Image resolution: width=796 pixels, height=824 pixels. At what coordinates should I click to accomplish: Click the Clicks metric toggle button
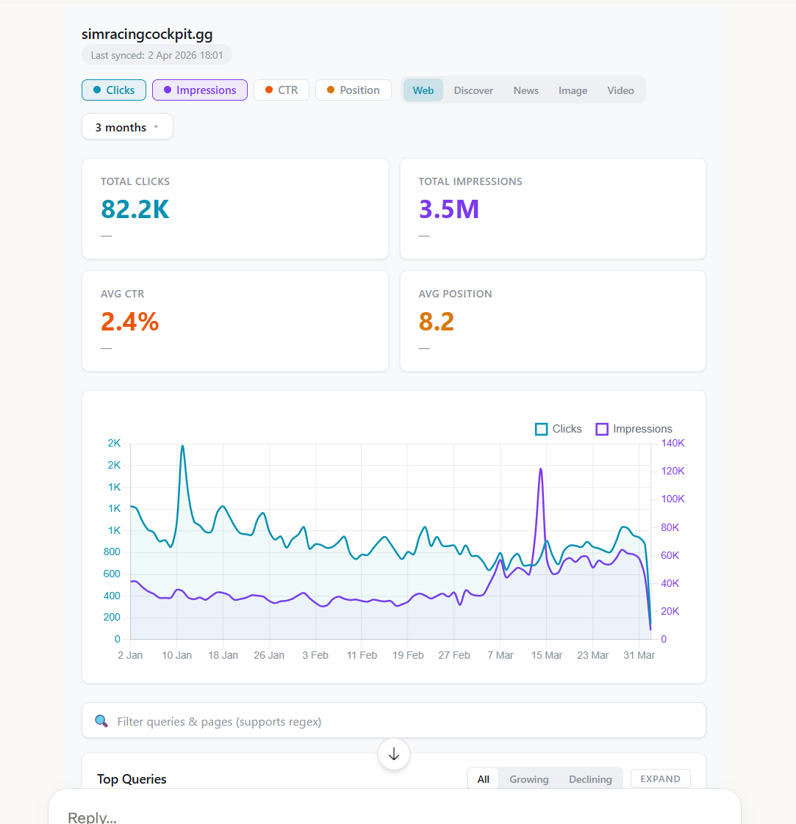click(x=114, y=90)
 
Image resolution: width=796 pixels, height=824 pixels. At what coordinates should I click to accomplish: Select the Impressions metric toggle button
click(x=199, y=90)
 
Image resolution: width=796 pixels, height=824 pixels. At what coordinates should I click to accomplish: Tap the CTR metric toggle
click(x=281, y=90)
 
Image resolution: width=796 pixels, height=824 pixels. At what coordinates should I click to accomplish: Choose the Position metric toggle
click(x=353, y=90)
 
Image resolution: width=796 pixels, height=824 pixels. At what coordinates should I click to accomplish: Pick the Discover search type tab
click(x=473, y=90)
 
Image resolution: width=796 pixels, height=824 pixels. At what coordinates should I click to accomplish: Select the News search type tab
click(x=526, y=90)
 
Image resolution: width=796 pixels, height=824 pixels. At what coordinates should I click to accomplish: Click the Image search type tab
click(x=573, y=90)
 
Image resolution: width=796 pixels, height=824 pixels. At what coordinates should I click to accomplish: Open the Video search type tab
click(x=620, y=90)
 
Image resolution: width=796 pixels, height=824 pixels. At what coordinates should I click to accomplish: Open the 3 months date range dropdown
click(x=127, y=127)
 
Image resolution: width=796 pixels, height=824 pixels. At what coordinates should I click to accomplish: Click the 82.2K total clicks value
click(x=135, y=209)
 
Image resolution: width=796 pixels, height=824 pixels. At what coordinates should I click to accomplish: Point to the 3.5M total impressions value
click(x=449, y=209)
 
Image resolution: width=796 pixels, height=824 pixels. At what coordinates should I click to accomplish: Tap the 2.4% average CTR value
click(x=130, y=322)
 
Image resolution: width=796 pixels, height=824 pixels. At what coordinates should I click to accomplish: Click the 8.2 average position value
click(x=437, y=322)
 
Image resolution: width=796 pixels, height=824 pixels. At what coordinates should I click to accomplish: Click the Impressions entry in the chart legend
click(x=634, y=429)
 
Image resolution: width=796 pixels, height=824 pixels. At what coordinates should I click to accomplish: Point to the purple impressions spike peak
click(x=541, y=469)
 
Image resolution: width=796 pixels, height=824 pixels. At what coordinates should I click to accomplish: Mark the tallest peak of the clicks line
click(x=182, y=446)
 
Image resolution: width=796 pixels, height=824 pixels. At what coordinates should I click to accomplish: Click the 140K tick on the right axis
click(x=673, y=443)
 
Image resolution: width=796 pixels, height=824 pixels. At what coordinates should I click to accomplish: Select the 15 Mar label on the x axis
click(x=546, y=655)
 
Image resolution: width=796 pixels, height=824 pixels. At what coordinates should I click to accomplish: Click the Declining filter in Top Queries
click(x=590, y=779)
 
